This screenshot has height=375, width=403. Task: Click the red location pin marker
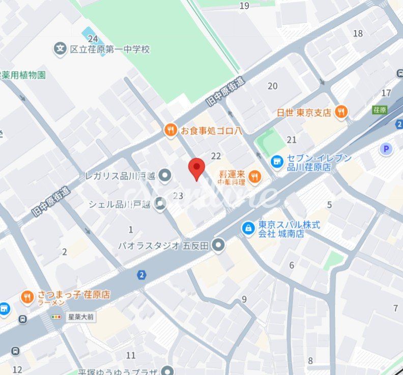(196, 169)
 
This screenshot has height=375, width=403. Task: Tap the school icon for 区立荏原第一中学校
(61, 49)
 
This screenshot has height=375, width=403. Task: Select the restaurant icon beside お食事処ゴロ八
(170, 130)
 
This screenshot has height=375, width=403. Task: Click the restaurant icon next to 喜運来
(255, 177)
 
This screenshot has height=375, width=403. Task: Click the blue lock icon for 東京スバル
(248, 228)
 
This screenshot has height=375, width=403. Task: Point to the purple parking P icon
(387, 148)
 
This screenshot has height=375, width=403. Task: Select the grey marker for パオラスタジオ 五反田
(219, 246)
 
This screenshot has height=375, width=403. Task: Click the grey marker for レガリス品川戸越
(164, 176)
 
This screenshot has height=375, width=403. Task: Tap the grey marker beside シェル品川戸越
(161, 204)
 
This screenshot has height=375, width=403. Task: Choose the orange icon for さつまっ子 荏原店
(27, 297)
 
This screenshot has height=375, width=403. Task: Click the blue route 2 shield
(141, 275)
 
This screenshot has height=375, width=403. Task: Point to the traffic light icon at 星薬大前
(55, 317)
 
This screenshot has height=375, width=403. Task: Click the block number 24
(92, 39)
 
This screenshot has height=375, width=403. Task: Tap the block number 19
(244, 6)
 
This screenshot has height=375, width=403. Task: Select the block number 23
(178, 196)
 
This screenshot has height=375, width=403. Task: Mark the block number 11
(131, 356)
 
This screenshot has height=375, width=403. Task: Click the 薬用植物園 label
(23, 75)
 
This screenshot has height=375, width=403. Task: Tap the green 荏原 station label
(380, 110)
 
